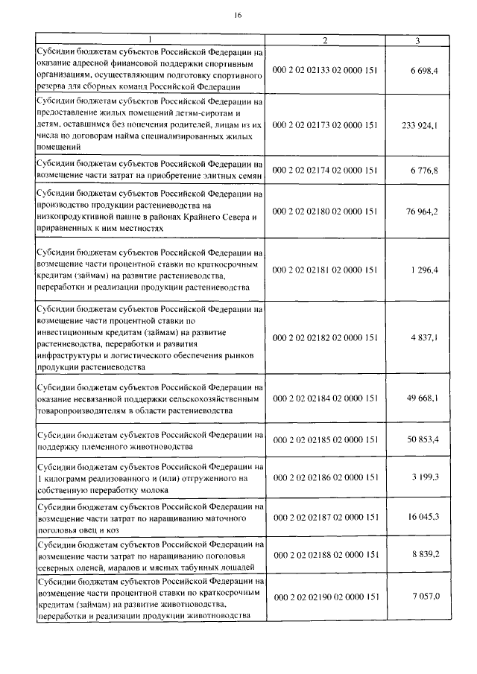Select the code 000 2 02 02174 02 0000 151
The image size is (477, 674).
[x=326, y=171]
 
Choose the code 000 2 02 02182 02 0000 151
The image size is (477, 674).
[x=326, y=338]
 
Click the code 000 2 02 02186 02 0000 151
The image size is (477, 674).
[x=326, y=477]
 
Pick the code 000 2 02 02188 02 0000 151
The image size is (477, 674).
[x=326, y=555]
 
